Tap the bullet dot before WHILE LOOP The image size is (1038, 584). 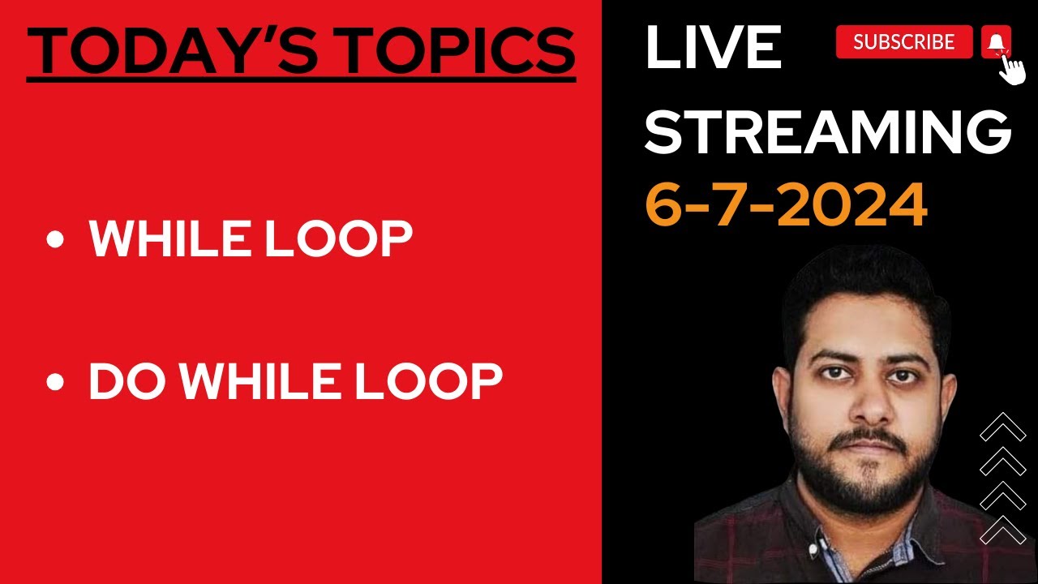(x=55, y=240)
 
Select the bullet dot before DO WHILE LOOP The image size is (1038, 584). (x=55, y=381)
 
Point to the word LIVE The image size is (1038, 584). (x=713, y=46)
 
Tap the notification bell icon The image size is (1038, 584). (x=996, y=41)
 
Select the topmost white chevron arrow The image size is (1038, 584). (x=1003, y=427)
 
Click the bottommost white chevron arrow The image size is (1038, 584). (x=1003, y=530)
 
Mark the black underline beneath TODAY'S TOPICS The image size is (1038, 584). (x=301, y=79)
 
